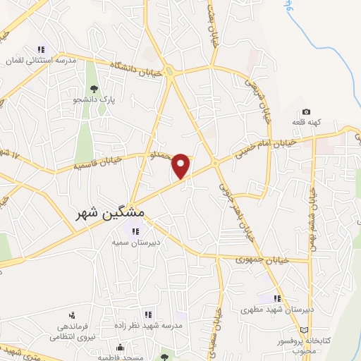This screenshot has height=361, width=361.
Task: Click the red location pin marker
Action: tap(182, 164)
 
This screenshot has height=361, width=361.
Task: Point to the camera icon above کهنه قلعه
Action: tap(306, 111)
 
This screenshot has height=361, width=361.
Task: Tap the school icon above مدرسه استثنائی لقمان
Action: tap(41, 49)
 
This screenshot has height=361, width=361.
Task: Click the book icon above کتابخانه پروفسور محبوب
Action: tap(304, 330)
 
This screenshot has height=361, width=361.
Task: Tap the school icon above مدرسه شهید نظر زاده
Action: tap(148, 314)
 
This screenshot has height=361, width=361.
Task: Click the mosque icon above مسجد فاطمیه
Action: tap(121, 348)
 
